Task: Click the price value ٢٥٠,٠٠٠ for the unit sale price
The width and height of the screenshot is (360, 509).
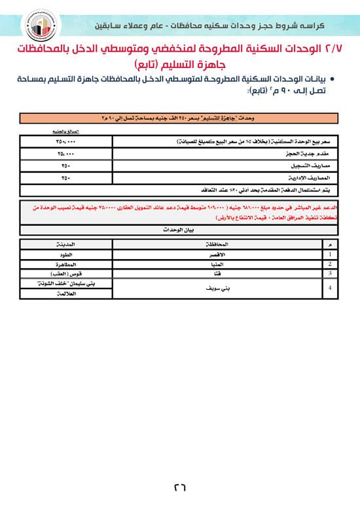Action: click(x=65, y=141)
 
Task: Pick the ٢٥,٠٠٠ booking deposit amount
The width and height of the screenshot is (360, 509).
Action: click(x=65, y=154)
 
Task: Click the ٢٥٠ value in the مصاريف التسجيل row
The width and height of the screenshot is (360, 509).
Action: click(x=65, y=166)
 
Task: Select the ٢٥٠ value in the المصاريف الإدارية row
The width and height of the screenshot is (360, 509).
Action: click(x=65, y=178)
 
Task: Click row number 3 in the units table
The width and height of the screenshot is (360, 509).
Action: click(x=332, y=273)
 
